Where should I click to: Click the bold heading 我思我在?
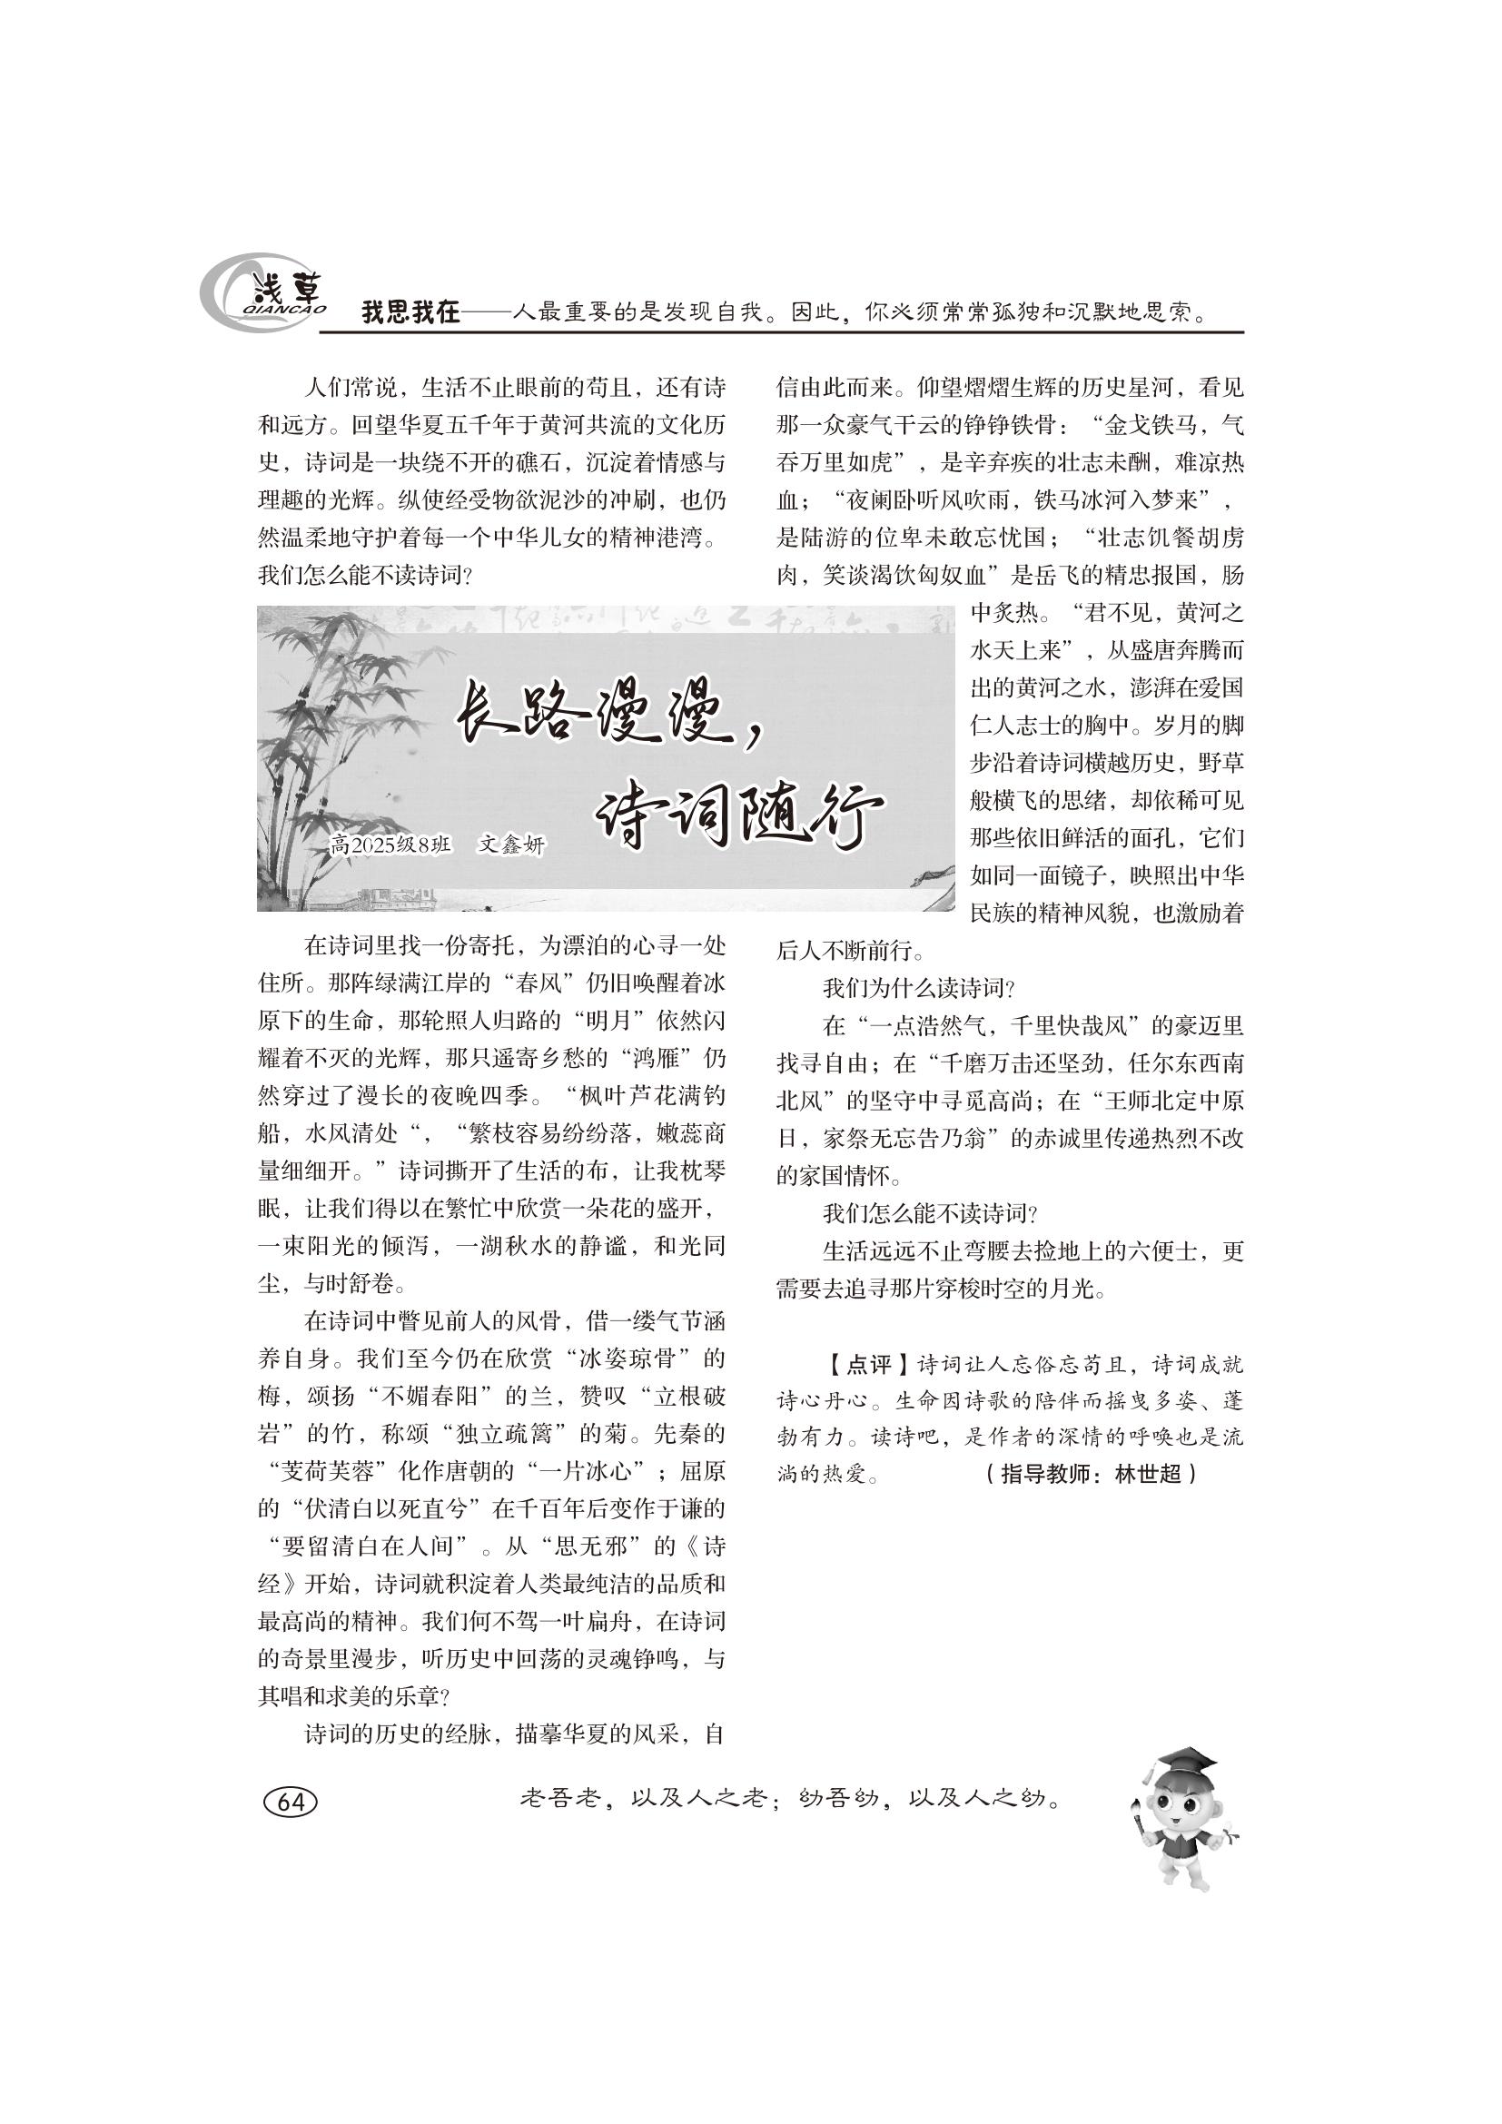[410, 312]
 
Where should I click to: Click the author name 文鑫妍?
[511, 845]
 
